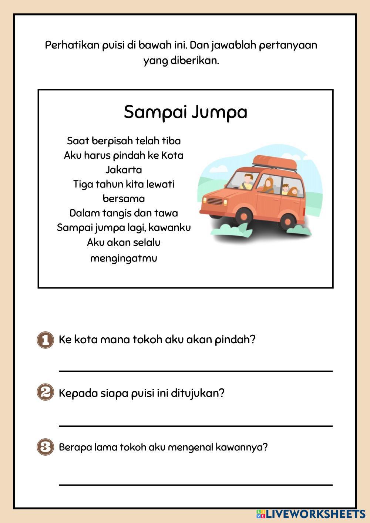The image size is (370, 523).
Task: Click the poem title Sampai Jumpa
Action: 185,112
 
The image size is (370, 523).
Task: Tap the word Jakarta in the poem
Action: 124,170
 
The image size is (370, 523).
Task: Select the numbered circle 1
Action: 45,340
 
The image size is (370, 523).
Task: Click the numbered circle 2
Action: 45,392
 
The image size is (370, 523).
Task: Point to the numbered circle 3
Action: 45,447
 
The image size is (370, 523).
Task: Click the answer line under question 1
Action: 195,371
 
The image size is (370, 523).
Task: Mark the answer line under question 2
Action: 195,426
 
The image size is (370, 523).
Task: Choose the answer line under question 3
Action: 195,484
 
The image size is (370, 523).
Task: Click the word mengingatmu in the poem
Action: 124,258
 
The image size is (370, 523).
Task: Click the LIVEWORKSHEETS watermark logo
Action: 310,514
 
